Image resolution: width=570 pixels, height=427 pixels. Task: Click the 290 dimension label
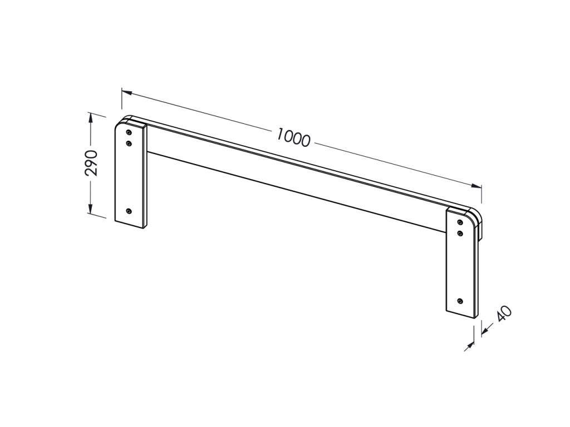[x=91, y=163]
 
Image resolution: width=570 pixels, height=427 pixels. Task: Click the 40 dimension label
[x=504, y=314]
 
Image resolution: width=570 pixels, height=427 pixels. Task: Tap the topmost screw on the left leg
[x=129, y=132]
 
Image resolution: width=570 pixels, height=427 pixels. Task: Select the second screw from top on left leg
[x=129, y=143]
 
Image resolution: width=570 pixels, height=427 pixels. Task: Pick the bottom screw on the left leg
[x=129, y=211]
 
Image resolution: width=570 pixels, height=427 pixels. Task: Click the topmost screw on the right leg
[x=460, y=222]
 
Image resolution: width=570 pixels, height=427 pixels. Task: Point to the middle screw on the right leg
[x=460, y=233]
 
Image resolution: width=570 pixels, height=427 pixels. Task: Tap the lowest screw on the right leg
[x=460, y=301]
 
